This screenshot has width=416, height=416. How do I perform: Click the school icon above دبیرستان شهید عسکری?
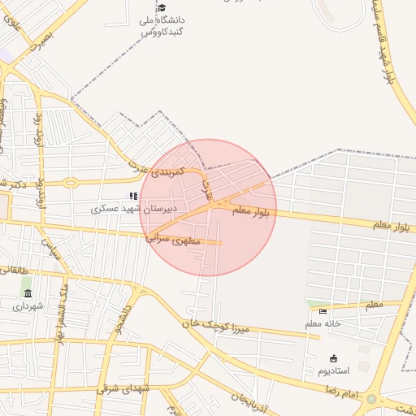point(134,196)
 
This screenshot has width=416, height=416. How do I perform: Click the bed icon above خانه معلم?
point(323,311)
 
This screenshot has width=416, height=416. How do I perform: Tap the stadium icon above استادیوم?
point(333,358)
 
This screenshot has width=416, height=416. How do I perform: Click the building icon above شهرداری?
point(28,293)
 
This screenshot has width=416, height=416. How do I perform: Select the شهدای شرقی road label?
point(123,388)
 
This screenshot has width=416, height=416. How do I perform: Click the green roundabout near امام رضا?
point(372,399)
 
